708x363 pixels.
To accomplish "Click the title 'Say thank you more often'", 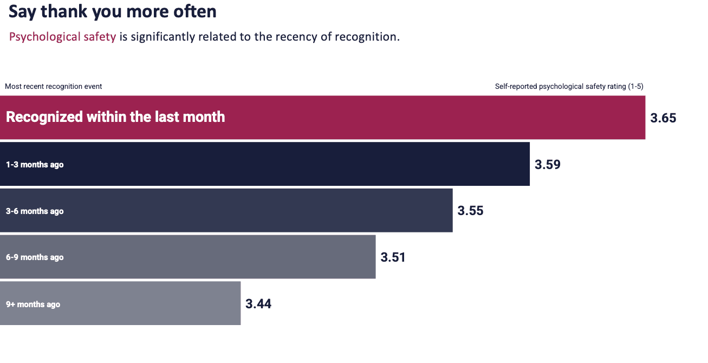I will pos(113,12).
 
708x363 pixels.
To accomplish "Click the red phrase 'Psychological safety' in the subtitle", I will pos(62,37).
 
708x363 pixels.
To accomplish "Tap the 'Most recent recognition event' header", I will pos(53,86).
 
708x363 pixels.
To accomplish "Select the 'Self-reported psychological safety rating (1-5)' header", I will pos(569,86).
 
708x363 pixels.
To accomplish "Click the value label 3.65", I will pos(663,118).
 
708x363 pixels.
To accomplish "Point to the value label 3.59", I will pos(547,165).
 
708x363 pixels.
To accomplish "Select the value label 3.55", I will pos(470,211).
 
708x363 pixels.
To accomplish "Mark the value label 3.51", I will pos(393,257).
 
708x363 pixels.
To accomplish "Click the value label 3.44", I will pos(258,304).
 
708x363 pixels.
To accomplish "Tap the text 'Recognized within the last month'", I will pos(115,117).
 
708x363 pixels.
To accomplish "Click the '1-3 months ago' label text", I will pos(35,165).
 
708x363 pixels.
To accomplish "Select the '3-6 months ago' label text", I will pos(35,211).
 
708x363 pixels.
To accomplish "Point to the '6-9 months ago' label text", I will pos(35,257).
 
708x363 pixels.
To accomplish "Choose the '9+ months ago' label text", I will pos(33,304).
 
